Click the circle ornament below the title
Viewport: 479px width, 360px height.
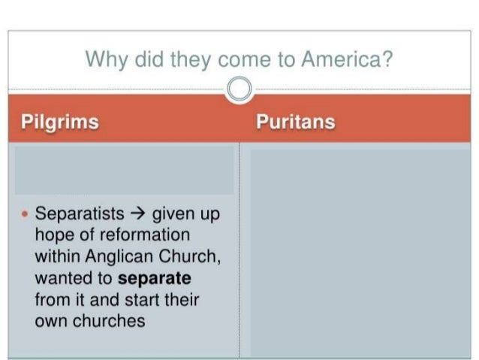(x=239, y=89)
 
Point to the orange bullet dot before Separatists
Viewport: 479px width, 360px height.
(x=25, y=214)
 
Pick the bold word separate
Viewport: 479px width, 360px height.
(x=155, y=277)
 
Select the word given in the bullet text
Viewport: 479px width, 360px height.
(x=174, y=214)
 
